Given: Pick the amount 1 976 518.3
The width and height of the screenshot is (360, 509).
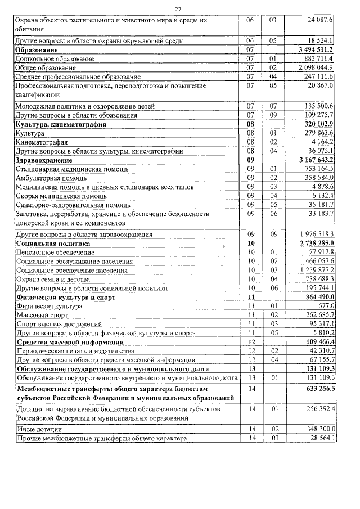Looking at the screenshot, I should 314,234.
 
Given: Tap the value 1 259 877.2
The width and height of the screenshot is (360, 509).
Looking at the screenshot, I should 314,270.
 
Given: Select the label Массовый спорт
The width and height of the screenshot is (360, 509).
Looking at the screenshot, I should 42,315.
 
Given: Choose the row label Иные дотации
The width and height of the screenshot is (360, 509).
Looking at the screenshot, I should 39,429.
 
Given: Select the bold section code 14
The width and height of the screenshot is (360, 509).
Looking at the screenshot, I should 251,388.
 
